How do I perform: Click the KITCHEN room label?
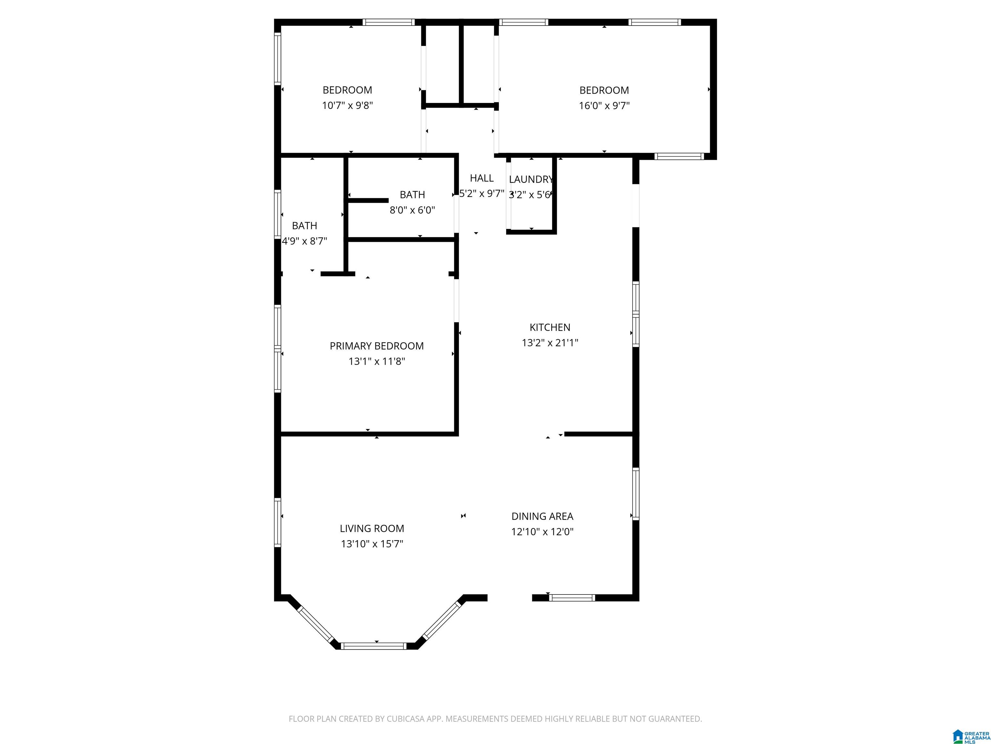550,327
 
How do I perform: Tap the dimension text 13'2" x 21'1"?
550,343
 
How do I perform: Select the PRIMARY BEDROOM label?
377,346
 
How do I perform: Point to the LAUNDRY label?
531,180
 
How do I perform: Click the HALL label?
482,178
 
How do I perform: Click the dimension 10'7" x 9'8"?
348,105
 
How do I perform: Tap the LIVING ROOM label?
372,528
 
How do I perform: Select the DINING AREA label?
543,516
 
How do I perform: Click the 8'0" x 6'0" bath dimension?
412,210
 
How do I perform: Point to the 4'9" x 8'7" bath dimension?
305,241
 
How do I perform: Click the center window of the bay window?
373,646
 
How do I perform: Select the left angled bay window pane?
315,624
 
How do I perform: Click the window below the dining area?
572,597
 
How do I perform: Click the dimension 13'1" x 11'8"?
377,361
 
